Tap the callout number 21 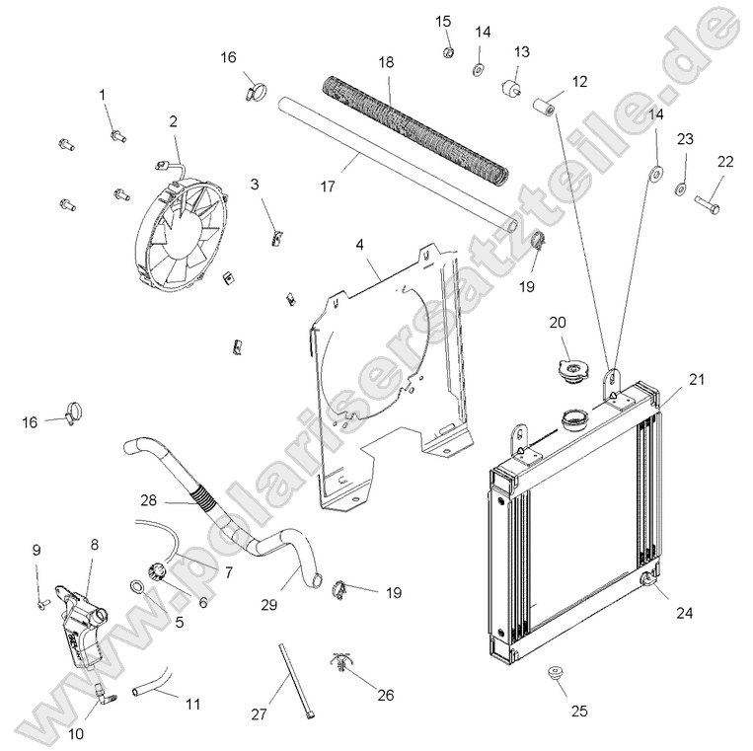697,379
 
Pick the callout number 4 359,242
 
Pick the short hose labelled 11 153,681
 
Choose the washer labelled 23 680,188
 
